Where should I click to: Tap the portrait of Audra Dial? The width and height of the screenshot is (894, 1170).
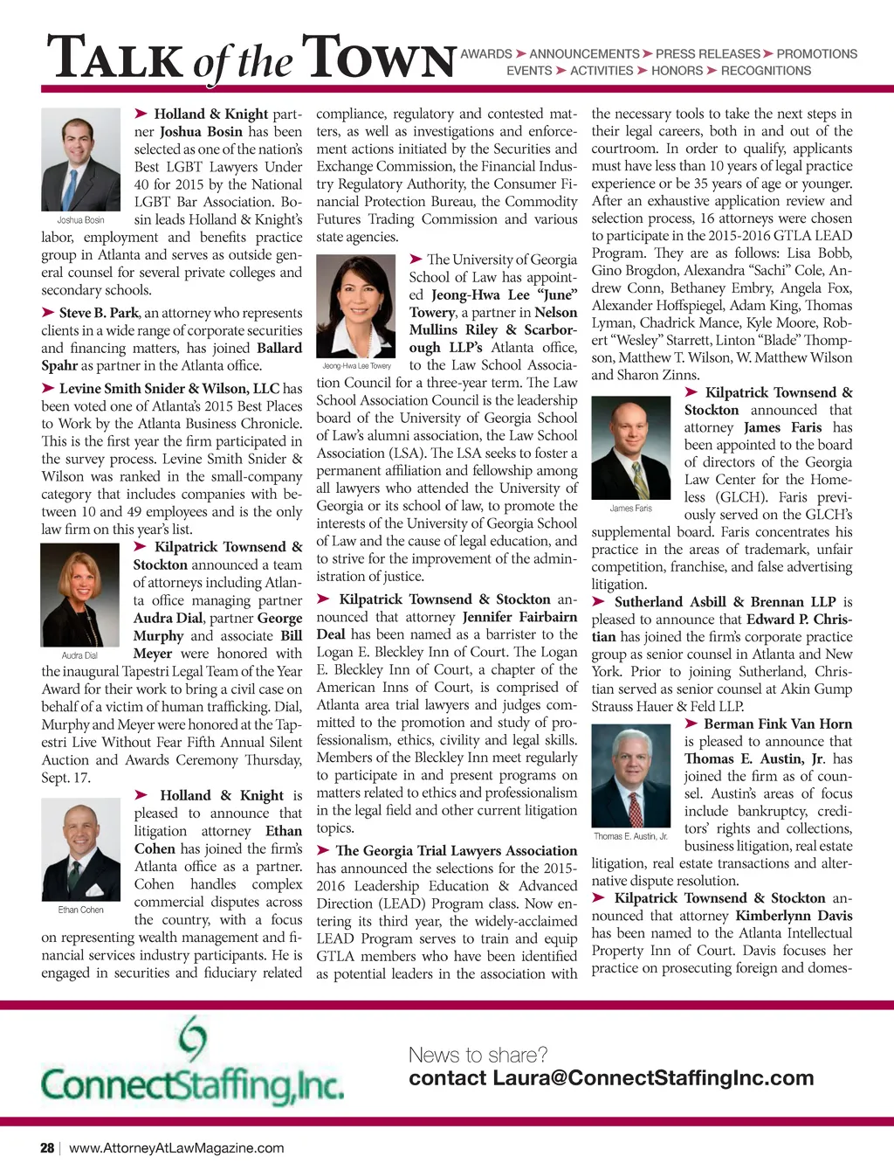click(79, 595)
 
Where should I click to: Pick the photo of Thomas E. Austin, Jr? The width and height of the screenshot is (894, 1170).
click(630, 777)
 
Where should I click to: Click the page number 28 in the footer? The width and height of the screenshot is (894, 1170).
click(47, 1148)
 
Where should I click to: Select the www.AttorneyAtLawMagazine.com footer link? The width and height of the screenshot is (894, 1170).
click(176, 1148)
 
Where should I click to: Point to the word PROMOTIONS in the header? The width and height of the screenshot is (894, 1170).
click(816, 54)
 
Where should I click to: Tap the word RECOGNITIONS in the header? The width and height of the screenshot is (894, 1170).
click(766, 71)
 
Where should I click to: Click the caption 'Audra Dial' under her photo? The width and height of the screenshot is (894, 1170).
click(79, 655)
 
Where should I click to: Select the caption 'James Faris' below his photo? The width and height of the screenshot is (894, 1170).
click(630, 509)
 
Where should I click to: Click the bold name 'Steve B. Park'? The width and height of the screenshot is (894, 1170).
click(99, 313)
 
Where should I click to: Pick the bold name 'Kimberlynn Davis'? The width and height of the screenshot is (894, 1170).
click(794, 916)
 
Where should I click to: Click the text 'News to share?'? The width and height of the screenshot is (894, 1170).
click(478, 1055)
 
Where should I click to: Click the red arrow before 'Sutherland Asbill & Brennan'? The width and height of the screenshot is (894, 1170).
click(599, 601)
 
